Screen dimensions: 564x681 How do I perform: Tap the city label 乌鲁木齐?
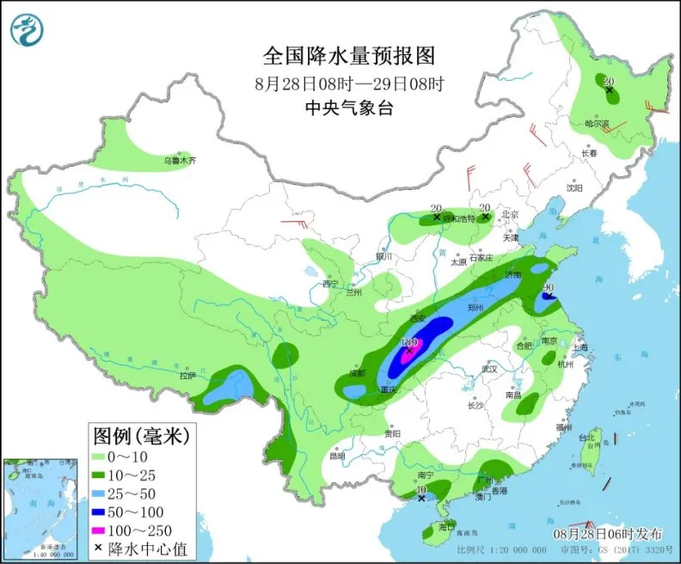point(181,160)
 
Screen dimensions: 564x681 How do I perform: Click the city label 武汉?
point(490,368)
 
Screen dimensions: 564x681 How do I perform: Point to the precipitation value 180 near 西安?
point(409,341)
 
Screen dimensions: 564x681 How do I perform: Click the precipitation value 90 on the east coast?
point(545,287)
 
